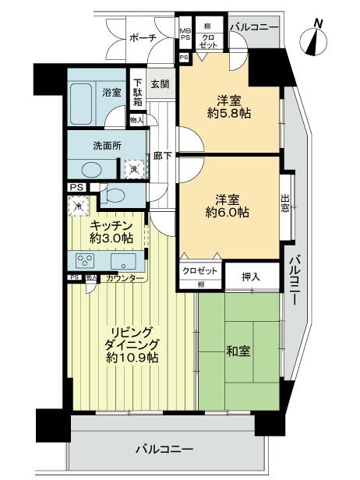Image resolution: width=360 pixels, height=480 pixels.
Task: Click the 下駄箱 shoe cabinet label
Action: click(137, 92)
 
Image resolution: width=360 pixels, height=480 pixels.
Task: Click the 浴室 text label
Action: click(112, 92)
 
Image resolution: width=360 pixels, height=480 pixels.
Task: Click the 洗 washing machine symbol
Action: click(132, 169)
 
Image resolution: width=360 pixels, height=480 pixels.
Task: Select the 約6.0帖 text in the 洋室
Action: click(228, 211)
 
